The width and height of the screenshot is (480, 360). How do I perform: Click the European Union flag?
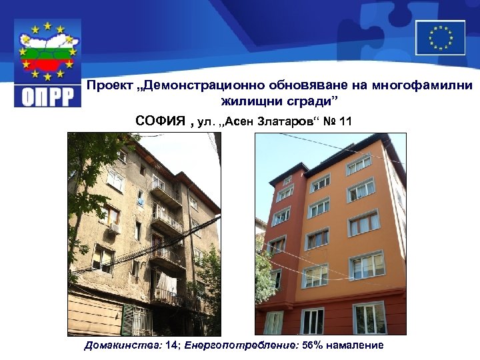pyautogui.click(x=440, y=37)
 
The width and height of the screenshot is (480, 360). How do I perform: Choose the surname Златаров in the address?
pyautogui.click(x=284, y=121)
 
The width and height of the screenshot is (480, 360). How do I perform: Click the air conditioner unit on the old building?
pyautogui.click(x=115, y=228)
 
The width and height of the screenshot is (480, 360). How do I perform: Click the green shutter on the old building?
pyautogui.click(x=127, y=319)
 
